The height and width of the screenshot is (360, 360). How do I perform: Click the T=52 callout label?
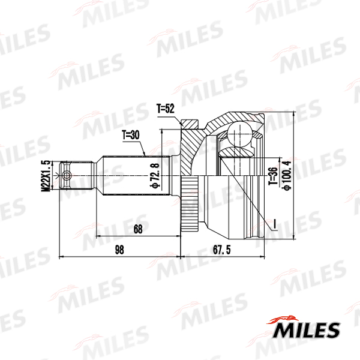tap(166, 109)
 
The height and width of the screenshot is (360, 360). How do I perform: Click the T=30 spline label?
tap(131, 135)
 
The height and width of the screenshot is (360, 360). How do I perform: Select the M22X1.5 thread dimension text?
tap(46, 176)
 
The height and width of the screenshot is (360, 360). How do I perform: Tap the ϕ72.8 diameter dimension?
tap(155, 176)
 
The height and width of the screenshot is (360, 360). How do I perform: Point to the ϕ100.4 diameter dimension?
tap(287, 176)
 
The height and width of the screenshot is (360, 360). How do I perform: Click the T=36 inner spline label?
tap(273, 176)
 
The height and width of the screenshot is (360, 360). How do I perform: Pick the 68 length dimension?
tap(138, 229)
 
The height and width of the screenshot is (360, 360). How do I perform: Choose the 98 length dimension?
tap(119, 250)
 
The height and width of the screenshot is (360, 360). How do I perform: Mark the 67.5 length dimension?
tap(222, 250)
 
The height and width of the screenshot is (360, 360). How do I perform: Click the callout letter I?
tap(275, 224)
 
